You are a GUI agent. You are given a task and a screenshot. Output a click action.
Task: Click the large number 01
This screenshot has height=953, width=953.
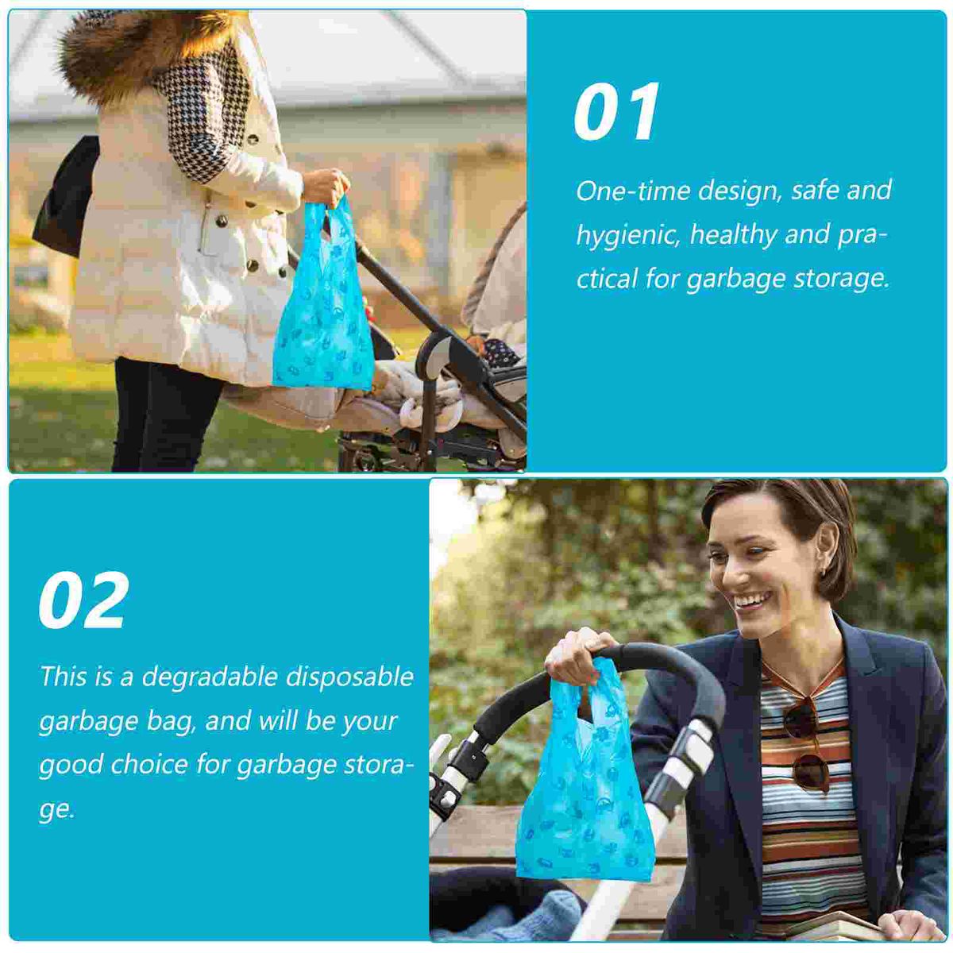tap(616, 112)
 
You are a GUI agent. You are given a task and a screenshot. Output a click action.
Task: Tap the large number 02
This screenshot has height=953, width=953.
tap(83, 600)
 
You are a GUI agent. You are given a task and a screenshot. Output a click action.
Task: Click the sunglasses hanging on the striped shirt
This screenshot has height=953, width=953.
tap(805, 743)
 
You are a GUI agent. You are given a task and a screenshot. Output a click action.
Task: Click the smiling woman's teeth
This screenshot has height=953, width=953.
tap(749, 602)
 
